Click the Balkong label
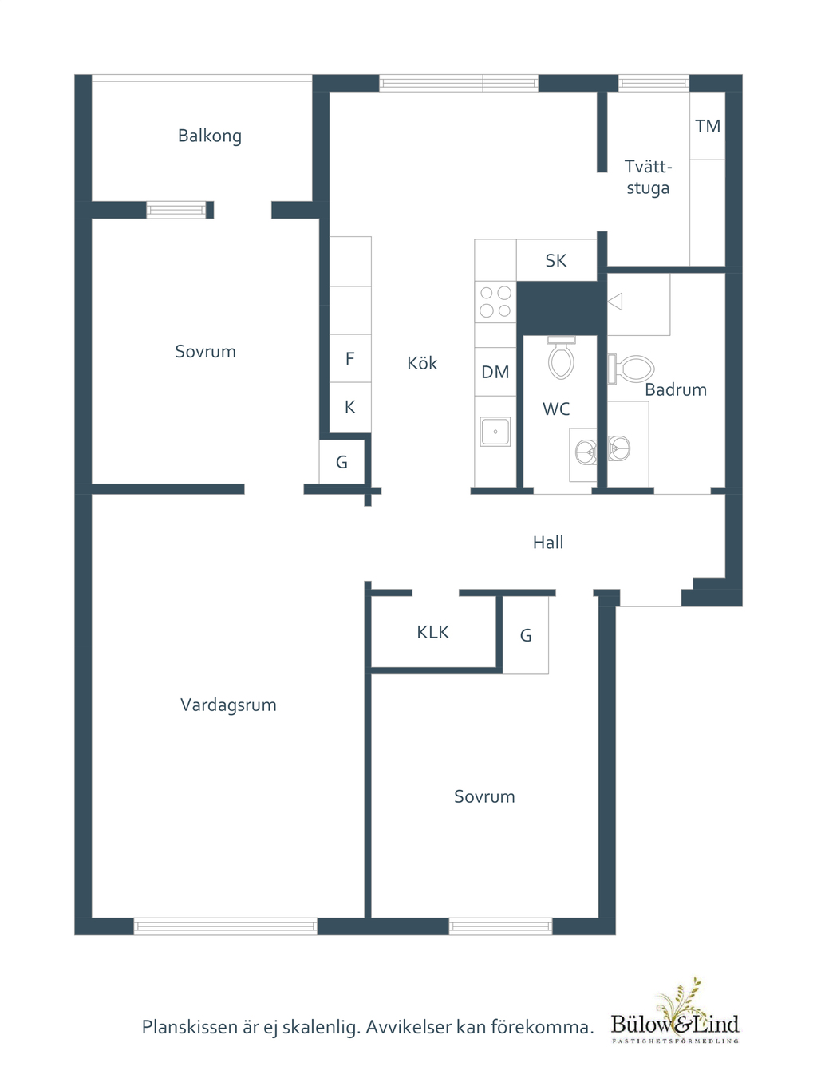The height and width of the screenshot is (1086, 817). point(210,136)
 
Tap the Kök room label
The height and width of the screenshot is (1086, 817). point(422,362)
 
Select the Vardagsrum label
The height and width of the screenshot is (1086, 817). point(228,705)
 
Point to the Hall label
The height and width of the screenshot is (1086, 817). point(548,543)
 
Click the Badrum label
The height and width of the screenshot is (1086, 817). point(676,389)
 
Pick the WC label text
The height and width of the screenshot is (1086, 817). point(556,409)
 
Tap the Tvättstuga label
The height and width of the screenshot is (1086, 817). point(648,177)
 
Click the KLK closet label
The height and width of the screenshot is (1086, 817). point(432,632)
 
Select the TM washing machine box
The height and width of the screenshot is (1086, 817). point(708,125)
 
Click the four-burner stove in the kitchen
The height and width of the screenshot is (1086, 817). point(495,302)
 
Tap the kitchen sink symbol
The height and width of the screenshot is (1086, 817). point(495,432)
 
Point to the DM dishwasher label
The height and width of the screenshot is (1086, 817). point(495,372)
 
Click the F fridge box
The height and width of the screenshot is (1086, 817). point(350,358)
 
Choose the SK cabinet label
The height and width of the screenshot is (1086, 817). point(556,260)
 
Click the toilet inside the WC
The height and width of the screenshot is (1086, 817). point(562,357)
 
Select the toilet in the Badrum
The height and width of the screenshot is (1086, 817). point(631,369)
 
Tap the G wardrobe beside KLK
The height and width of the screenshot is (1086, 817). point(525,635)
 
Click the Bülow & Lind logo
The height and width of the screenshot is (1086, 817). point(675,1013)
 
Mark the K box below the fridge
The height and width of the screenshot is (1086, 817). point(350,407)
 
